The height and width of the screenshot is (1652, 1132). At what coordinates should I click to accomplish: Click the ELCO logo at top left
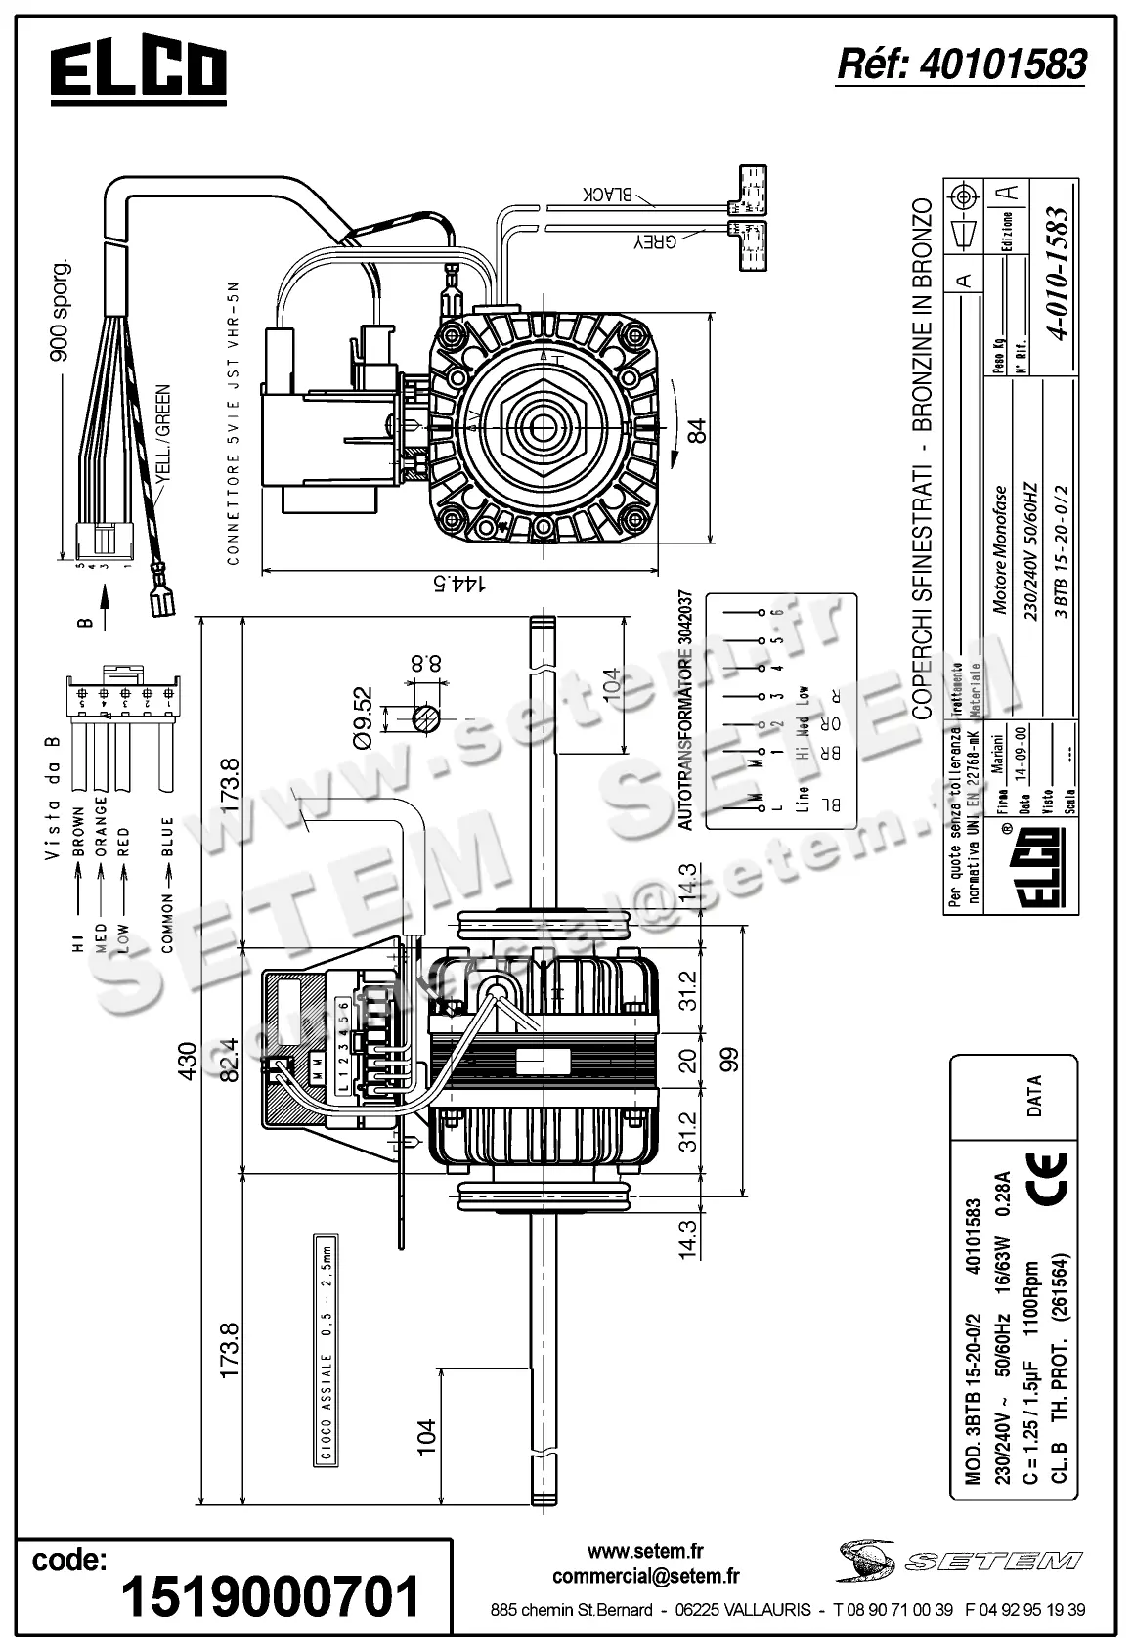pyautogui.click(x=139, y=72)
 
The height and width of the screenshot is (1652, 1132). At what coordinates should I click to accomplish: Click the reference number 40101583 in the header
pyautogui.click(x=962, y=65)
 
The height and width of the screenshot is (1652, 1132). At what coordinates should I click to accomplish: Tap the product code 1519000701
pyautogui.click(x=270, y=1596)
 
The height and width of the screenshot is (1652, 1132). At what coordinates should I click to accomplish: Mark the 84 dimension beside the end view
pyautogui.click(x=696, y=430)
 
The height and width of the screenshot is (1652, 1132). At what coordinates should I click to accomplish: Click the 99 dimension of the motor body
pyautogui.click(x=729, y=1060)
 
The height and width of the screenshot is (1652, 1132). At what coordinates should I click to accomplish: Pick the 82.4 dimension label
pyautogui.click(x=229, y=1060)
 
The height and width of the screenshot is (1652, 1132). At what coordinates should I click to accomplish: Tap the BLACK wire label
pyautogui.click(x=610, y=195)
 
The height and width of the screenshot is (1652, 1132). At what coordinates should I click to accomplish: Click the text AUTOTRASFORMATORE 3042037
pyautogui.click(x=685, y=711)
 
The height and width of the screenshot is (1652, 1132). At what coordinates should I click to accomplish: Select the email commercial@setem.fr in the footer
pyautogui.click(x=645, y=1576)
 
